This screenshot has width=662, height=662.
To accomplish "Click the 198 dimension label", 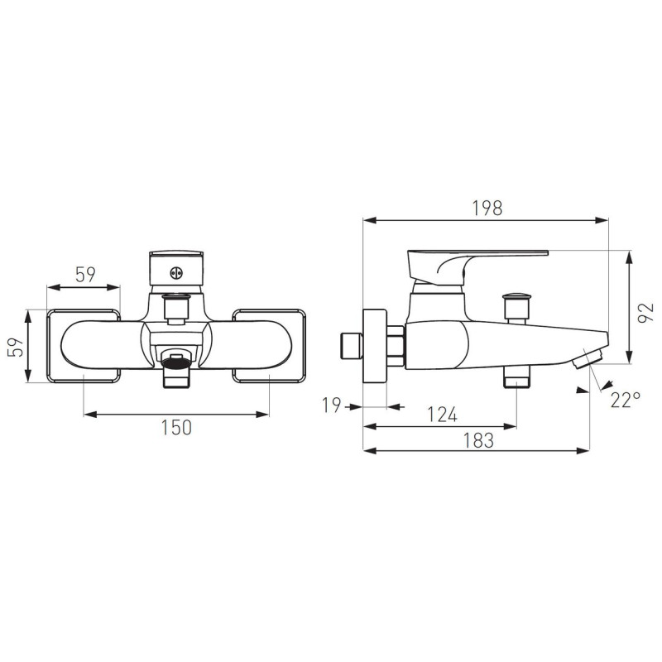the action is click(487, 209).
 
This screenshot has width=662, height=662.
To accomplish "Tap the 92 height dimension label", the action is click(645, 313).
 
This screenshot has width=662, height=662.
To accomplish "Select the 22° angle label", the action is click(626, 400).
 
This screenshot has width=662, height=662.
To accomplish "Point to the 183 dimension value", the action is click(478, 440).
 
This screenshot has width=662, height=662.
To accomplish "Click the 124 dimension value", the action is click(442, 415).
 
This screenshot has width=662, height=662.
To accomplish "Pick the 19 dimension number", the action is click(332, 405).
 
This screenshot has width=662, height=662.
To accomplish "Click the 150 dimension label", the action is click(176, 427).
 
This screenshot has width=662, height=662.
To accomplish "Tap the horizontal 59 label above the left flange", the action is click(85, 275).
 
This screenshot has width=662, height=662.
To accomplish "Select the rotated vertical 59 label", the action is click(16, 347).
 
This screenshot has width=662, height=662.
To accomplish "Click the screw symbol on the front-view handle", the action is click(176, 273).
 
